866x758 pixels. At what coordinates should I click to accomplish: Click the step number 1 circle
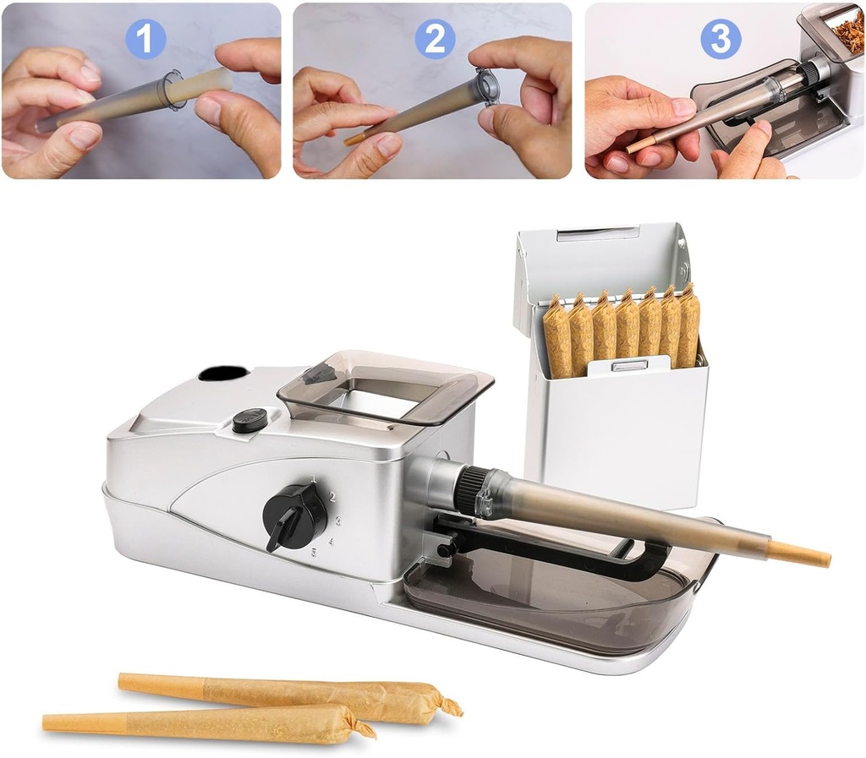pyautogui.click(x=145, y=38)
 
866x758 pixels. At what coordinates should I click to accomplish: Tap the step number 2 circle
pyautogui.click(x=436, y=39)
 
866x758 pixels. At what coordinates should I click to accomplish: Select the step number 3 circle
pyautogui.click(x=721, y=38)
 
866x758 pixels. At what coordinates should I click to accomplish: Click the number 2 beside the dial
pyautogui.click(x=332, y=497)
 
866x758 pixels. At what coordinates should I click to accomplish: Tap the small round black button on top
pyautogui.click(x=249, y=420)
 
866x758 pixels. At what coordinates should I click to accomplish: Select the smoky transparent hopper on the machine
pyautogui.click(x=385, y=387)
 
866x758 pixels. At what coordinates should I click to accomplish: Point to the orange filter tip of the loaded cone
pyautogui.click(x=799, y=554)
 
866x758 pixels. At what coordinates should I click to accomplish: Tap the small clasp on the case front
pyautogui.click(x=628, y=365)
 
